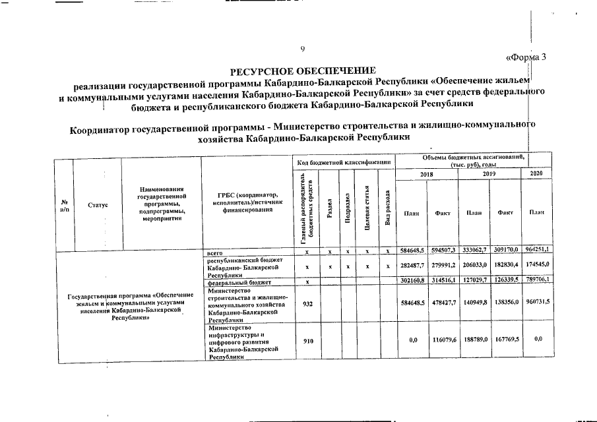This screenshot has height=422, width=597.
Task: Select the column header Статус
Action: tap(98, 205)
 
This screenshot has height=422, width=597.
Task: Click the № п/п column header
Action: tap(64, 205)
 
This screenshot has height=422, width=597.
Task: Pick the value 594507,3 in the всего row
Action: tap(441, 251)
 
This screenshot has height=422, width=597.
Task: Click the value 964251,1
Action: tap(536, 251)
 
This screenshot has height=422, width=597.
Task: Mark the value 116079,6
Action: tap(441, 341)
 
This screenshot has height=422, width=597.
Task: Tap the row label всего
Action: tap(214, 251)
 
